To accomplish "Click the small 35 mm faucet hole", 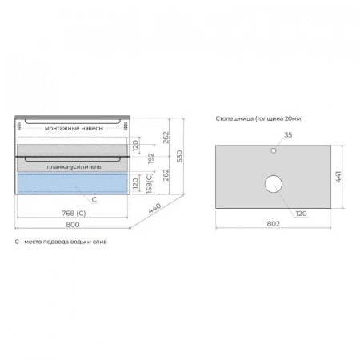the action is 274,150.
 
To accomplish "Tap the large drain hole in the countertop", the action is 274,184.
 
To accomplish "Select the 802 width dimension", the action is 274,224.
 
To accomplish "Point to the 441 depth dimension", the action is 338,177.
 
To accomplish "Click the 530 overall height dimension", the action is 180,156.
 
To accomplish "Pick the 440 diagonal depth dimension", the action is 154,208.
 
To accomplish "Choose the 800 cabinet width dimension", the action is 73,225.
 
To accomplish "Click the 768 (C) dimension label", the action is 74,214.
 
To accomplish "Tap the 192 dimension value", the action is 151,158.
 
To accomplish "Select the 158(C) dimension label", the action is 150,183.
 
